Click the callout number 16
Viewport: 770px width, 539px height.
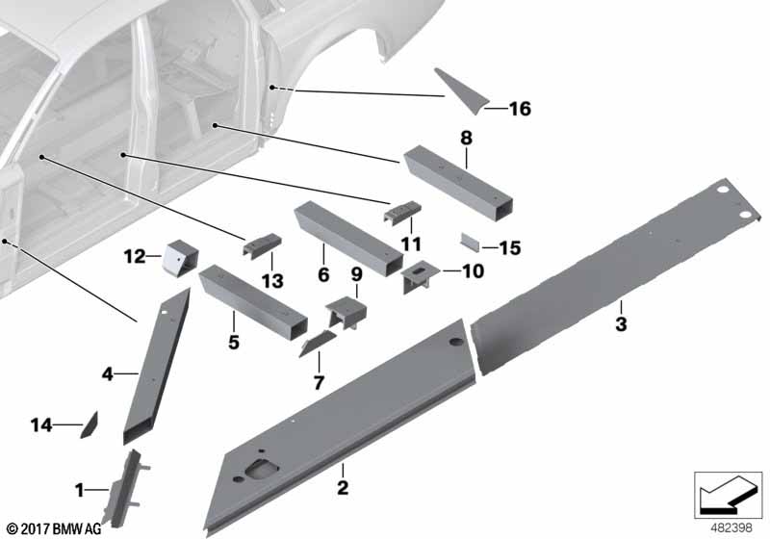pyautogui.click(x=520, y=109)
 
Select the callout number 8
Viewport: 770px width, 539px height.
pyautogui.click(x=466, y=138)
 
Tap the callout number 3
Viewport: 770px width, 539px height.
pyautogui.click(x=621, y=324)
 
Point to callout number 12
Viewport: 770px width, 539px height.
pyautogui.click(x=135, y=256)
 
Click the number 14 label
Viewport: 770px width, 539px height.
pyautogui.click(x=41, y=424)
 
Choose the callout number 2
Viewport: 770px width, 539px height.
pyautogui.click(x=343, y=487)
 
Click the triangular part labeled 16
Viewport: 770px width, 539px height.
pyautogui.click(x=462, y=90)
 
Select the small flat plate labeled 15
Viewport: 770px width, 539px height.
pyautogui.click(x=470, y=242)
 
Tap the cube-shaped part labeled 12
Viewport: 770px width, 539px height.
pyautogui.click(x=180, y=258)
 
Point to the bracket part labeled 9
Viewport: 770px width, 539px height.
pyautogui.click(x=346, y=313)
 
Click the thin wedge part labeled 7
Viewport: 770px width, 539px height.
pyautogui.click(x=317, y=344)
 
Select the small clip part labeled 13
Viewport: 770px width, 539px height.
pyautogui.click(x=262, y=244)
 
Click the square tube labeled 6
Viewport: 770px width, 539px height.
pyautogui.click(x=348, y=239)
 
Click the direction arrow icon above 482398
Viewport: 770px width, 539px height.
pyautogui.click(x=728, y=495)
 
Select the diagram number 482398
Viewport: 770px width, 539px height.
pyautogui.click(x=731, y=527)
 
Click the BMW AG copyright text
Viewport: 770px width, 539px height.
pyautogui.click(x=54, y=528)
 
